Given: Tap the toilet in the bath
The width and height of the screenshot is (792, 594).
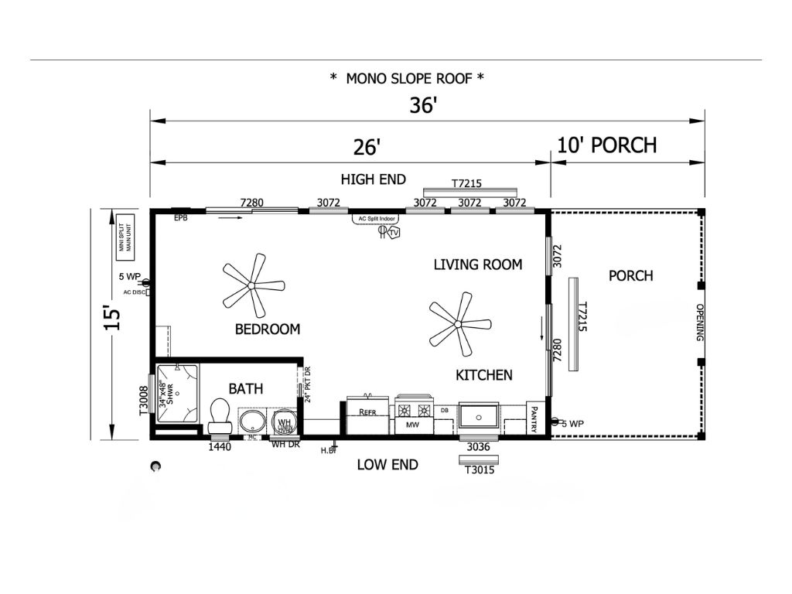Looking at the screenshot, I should (x=219, y=416).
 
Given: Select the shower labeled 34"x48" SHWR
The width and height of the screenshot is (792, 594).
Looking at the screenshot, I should (x=176, y=394).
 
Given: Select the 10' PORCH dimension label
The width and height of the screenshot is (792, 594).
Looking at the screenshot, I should (x=606, y=145).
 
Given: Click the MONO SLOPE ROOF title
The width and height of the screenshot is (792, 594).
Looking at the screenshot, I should (x=407, y=77).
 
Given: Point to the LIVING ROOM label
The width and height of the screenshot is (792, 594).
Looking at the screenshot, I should (x=477, y=265).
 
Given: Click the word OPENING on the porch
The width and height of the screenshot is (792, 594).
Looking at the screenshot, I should (x=699, y=323).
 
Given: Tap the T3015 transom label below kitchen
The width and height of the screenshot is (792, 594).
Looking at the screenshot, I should (x=480, y=469).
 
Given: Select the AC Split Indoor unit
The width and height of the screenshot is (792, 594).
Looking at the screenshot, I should (x=377, y=220).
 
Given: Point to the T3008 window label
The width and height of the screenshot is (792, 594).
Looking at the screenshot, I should (x=143, y=401).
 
